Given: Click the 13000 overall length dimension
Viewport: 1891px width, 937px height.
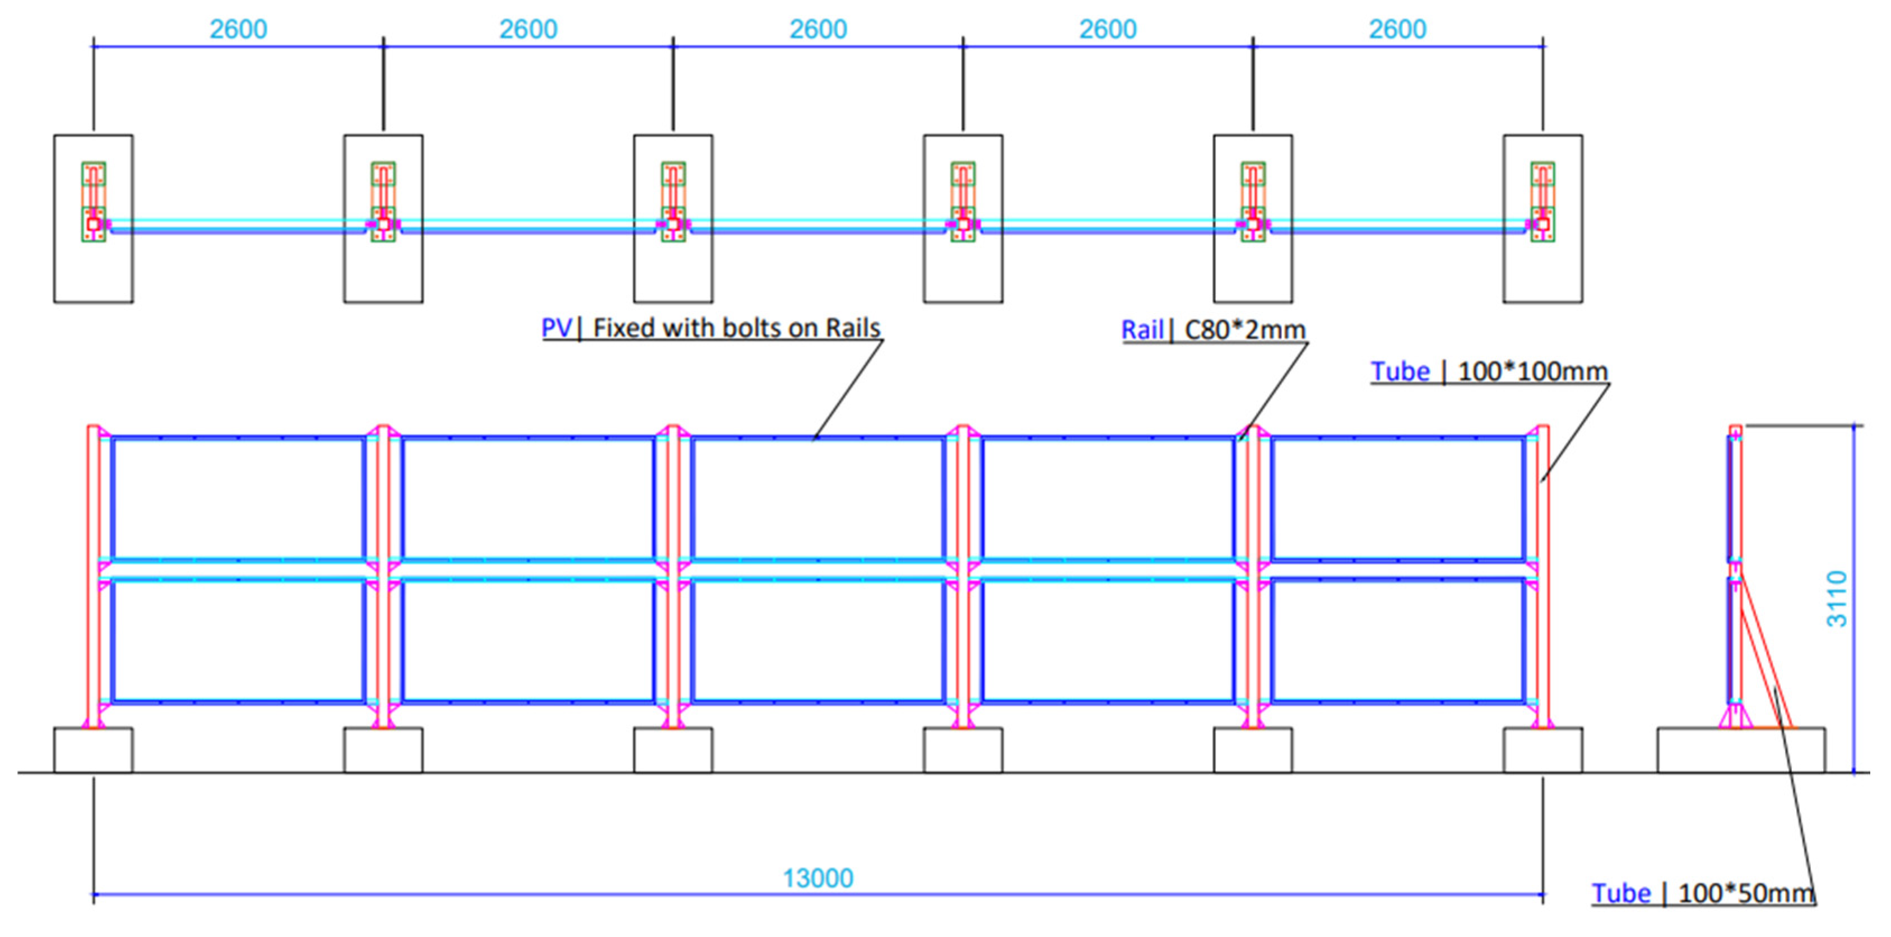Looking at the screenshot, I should pyautogui.click(x=818, y=878).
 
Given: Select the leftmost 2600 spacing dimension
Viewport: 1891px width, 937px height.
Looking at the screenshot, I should pyautogui.click(x=239, y=29).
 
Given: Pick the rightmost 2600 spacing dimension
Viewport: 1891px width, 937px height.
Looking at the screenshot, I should pyautogui.click(x=1397, y=29).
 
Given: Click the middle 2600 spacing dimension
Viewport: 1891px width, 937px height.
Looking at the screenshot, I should pyautogui.click(x=818, y=29).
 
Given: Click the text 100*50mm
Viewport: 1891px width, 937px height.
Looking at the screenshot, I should pyautogui.click(x=1746, y=893).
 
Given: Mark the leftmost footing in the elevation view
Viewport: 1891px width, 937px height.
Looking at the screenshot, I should pyautogui.click(x=93, y=750).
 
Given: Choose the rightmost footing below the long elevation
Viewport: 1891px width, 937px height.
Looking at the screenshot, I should pyautogui.click(x=1542, y=750).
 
